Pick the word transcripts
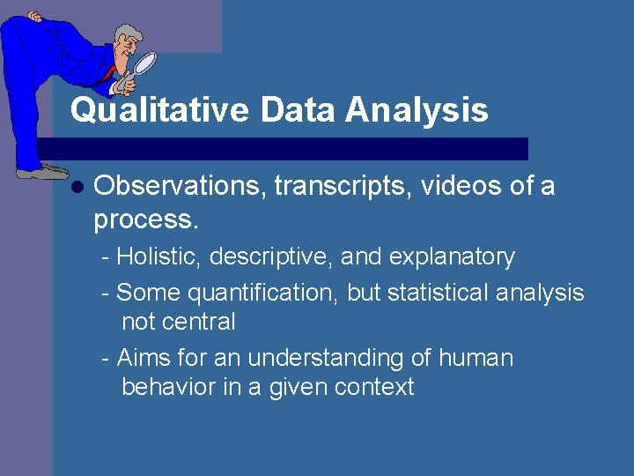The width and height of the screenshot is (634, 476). click(343, 187)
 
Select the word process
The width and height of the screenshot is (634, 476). click(143, 219)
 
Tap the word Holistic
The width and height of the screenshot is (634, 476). click(155, 257)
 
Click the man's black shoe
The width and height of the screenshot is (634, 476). click(41, 173)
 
